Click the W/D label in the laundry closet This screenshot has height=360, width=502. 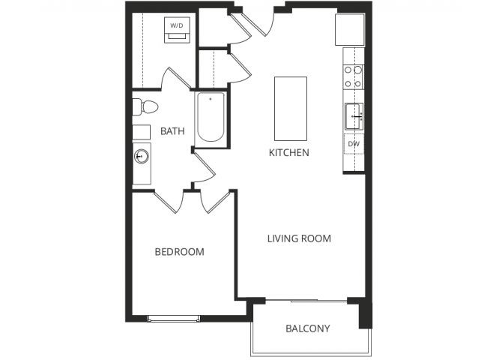(176, 25)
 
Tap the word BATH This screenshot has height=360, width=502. (172, 131)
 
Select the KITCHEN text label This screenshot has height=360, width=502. (289, 152)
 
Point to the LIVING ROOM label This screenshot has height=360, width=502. (299, 238)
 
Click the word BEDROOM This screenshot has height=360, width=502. (179, 252)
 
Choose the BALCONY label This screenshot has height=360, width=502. (307, 328)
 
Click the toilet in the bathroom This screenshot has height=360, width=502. (143, 106)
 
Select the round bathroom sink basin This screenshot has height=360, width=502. (141, 157)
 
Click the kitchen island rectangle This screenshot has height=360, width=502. (290, 108)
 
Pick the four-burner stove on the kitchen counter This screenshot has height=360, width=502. (352, 76)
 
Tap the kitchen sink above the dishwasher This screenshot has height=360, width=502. (353, 117)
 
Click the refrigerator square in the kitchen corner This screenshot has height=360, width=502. (349, 28)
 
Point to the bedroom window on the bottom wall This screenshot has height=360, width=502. (173, 318)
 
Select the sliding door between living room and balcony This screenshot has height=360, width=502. (300, 301)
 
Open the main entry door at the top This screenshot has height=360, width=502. (264, 22)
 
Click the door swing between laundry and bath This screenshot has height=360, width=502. (172, 79)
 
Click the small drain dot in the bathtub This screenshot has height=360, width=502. (211, 98)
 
